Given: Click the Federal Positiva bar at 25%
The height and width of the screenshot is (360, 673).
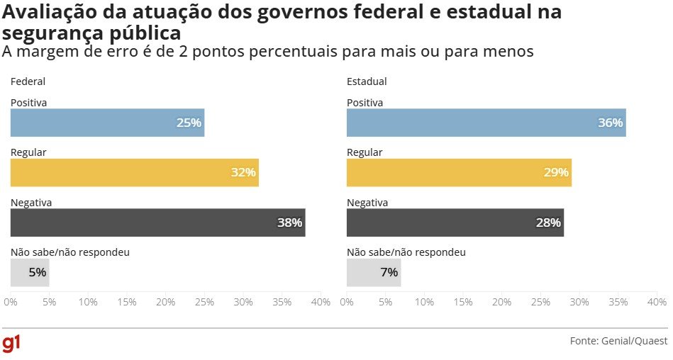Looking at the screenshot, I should [x=107, y=123].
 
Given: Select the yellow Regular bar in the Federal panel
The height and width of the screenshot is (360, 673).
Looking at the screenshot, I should [x=135, y=172].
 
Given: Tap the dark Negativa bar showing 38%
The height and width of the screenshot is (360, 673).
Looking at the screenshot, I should [x=157, y=223].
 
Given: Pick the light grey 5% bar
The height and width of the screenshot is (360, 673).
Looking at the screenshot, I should [x=30, y=272].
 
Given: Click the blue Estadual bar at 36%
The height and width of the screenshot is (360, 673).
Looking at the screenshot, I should [x=486, y=123].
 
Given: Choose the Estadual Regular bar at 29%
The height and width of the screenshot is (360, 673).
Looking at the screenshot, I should [x=459, y=172].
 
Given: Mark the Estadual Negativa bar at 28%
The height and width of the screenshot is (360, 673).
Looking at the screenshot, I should [x=455, y=223].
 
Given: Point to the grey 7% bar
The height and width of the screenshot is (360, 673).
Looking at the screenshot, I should [x=374, y=272].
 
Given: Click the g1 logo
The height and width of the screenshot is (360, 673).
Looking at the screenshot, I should [x=11, y=344].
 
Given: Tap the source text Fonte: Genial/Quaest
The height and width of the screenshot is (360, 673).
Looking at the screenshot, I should [x=618, y=341].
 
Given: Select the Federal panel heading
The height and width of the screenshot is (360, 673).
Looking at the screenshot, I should [x=28, y=81].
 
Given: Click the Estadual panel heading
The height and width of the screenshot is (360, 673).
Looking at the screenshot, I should [x=367, y=81].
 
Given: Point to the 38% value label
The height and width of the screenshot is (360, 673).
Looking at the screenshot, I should [x=289, y=223].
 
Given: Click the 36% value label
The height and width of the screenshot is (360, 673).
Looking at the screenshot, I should [x=610, y=123].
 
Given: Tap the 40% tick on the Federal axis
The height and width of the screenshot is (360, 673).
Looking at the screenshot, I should [x=321, y=303].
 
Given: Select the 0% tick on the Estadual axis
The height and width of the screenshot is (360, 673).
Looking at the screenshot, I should [x=347, y=303].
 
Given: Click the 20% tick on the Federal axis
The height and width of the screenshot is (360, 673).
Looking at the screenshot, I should [x=165, y=303].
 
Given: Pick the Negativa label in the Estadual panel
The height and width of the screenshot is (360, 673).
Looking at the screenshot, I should [x=367, y=203].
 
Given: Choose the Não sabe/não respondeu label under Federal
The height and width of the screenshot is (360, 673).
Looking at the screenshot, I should [x=70, y=252].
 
